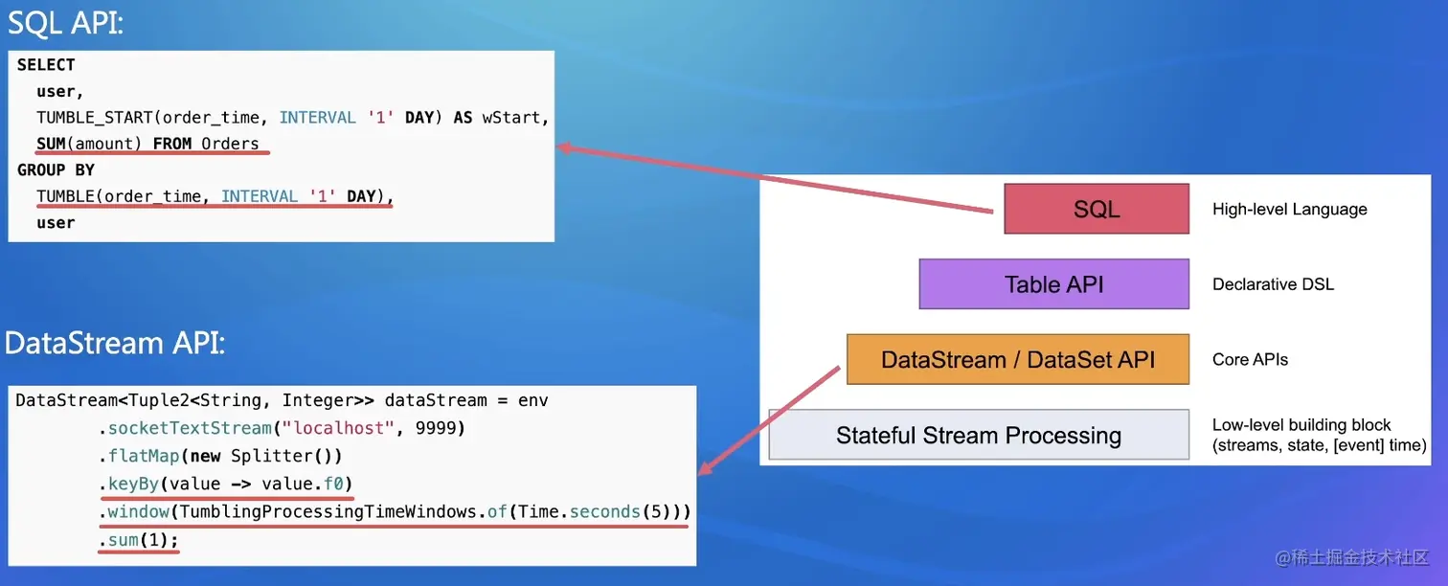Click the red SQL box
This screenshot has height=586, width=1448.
1096,209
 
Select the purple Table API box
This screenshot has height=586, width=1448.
1053,283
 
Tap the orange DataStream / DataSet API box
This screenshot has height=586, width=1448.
1017,360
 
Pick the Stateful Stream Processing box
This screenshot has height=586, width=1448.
978,436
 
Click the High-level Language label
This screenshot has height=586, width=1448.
1289,209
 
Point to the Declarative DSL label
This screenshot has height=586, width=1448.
1273,284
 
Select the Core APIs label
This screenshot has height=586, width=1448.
1250,360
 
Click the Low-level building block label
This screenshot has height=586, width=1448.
1301,425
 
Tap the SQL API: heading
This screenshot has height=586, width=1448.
65,23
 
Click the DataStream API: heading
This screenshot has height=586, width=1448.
115,342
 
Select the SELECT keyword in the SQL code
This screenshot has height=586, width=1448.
46,65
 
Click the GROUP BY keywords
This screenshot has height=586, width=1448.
56,169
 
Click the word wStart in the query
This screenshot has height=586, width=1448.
513,118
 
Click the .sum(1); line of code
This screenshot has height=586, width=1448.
138,540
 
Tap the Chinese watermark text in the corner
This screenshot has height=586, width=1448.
1351,557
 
